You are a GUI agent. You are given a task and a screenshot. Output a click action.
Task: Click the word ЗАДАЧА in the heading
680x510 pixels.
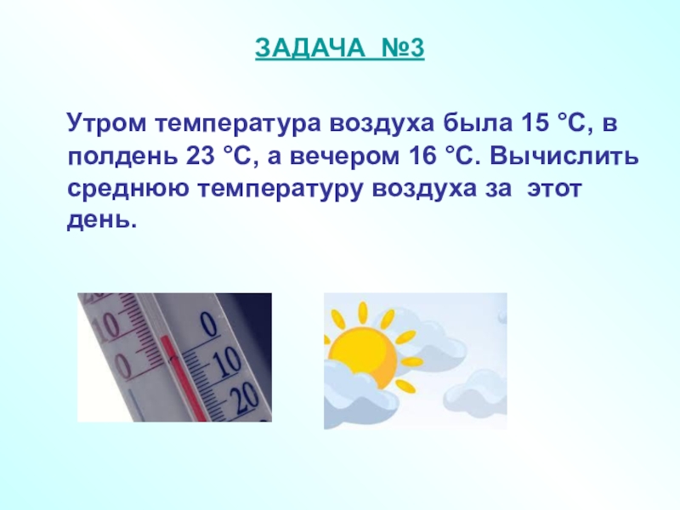(310, 48)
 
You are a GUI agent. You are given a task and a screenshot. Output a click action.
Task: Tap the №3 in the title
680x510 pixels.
(403, 48)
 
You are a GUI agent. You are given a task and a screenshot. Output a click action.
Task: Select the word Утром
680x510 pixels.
(107, 124)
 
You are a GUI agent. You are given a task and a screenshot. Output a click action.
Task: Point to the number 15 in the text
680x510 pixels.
(533, 123)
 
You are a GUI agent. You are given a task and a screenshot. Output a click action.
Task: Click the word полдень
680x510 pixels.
(122, 157)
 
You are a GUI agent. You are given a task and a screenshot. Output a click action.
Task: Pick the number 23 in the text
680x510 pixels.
(201, 156)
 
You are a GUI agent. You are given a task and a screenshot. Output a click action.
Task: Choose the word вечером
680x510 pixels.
(345, 157)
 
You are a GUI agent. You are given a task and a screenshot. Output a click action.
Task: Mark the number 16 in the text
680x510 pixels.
(422, 156)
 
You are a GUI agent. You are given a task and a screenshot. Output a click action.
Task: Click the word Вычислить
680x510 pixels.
(564, 156)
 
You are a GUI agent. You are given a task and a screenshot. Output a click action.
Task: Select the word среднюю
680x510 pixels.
(128, 190)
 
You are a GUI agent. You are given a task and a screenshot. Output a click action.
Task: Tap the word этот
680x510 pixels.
(554, 190)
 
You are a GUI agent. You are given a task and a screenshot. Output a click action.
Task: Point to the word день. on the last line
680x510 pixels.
(102, 221)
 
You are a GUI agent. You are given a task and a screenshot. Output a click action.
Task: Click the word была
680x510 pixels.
(477, 123)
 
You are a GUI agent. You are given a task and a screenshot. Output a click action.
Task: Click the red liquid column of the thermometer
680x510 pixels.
(182, 377)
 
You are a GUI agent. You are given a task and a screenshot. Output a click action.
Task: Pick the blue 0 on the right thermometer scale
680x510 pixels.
(208, 325)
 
